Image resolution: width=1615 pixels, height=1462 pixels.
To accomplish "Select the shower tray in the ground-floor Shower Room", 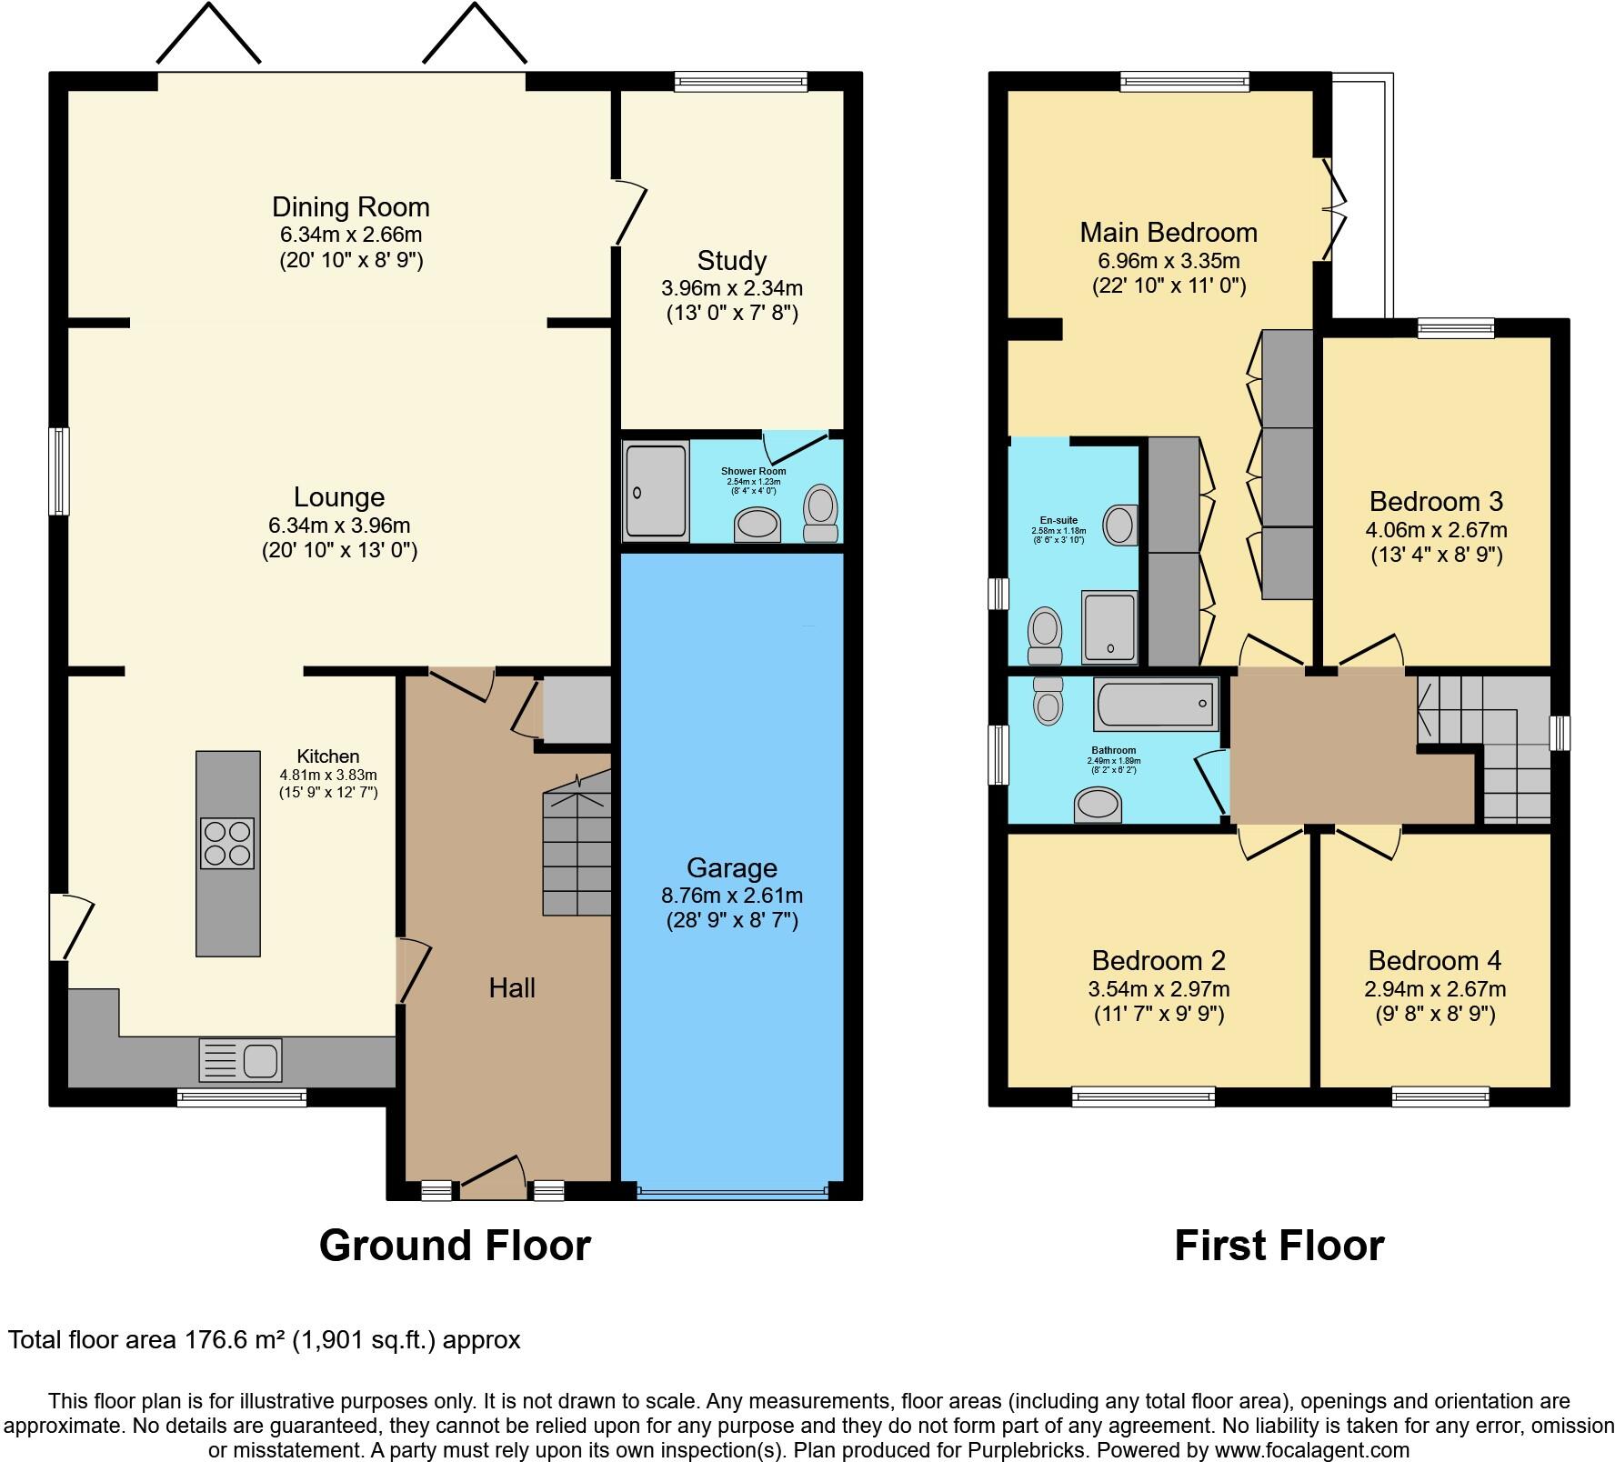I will pos(655,491).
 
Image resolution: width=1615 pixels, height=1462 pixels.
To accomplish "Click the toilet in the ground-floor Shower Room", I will pos(820,514).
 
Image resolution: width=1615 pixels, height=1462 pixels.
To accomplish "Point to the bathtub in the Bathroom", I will pos(1156,703).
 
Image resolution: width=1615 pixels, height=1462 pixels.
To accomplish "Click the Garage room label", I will pos(731,867).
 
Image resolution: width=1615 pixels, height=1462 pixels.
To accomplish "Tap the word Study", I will pos(731,261).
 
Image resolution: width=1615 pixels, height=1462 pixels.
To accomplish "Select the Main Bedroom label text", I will pos(1168,233).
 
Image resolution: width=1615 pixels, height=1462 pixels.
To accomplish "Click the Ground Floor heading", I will pos(455,1245).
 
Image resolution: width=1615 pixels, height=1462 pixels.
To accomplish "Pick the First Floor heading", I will pos(1279,1245).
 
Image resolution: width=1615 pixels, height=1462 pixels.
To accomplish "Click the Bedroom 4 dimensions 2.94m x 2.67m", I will pos(1434,988).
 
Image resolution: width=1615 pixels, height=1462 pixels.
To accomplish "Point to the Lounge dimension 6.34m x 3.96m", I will pos(338,525).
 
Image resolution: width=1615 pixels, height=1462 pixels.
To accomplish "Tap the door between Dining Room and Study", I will pos(630,212).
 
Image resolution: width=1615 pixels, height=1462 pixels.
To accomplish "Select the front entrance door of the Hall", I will pos(493,1172).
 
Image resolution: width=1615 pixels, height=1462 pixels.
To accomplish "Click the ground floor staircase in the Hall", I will pos(577,850).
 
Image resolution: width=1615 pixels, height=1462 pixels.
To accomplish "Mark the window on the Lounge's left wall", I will pos(59,471).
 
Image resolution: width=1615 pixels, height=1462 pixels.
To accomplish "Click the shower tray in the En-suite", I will pos(1108,627).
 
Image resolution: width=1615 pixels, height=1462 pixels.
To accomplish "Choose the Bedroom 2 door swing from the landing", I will pos(1269,842).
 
